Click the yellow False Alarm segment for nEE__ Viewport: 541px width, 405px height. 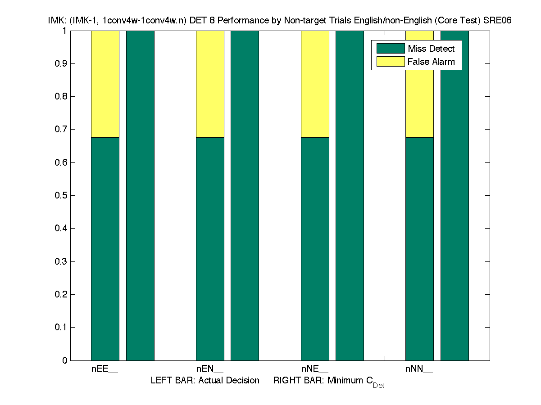pos(105,84)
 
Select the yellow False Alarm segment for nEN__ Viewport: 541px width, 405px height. pos(210,84)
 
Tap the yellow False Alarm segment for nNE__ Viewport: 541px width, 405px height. pos(315,84)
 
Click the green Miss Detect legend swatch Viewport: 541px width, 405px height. pos(391,49)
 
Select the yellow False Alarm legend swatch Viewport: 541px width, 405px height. pos(391,62)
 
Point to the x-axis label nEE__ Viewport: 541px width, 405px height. pos(105,369)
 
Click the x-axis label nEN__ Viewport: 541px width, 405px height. pos(210,369)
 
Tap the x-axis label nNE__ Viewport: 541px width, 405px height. pos(315,369)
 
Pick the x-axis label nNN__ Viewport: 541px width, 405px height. pos(419,369)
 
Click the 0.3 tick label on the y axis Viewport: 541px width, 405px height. pos(61,261)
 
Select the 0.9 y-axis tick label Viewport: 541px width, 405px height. pos(61,63)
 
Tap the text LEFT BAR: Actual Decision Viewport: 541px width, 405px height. pos(205,381)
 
